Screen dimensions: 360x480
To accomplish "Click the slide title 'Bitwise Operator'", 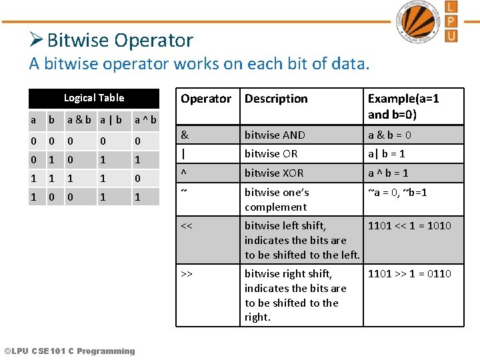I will (x=120, y=40).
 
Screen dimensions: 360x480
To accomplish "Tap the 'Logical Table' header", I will (x=94, y=98).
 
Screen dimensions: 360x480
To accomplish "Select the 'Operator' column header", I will (x=206, y=99).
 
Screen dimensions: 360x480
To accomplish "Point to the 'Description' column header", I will (x=276, y=99).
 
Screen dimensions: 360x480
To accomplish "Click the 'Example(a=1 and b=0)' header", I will (x=403, y=106).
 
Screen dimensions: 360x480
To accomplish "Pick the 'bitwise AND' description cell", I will (x=275, y=135).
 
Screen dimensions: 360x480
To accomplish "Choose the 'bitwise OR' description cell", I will (x=271, y=153).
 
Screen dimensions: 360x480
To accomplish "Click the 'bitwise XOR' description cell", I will (x=274, y=173).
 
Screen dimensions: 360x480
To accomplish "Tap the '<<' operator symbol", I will (x=187, y=225).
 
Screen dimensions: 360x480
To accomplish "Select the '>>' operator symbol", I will (x=187, y=273).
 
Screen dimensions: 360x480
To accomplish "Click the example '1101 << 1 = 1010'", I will (x=409, y=225).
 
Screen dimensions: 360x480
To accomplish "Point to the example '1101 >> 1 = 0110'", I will (x=409, y=273).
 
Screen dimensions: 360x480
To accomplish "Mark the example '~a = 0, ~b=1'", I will (x=397, y=192).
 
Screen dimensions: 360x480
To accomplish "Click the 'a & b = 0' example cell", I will (x=389, y=135).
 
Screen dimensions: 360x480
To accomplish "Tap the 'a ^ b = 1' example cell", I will (x=389, y=173).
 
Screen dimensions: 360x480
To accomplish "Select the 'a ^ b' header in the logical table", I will (x=145, y=120).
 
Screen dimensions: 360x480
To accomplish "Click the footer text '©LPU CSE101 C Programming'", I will (x=69, y=351).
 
